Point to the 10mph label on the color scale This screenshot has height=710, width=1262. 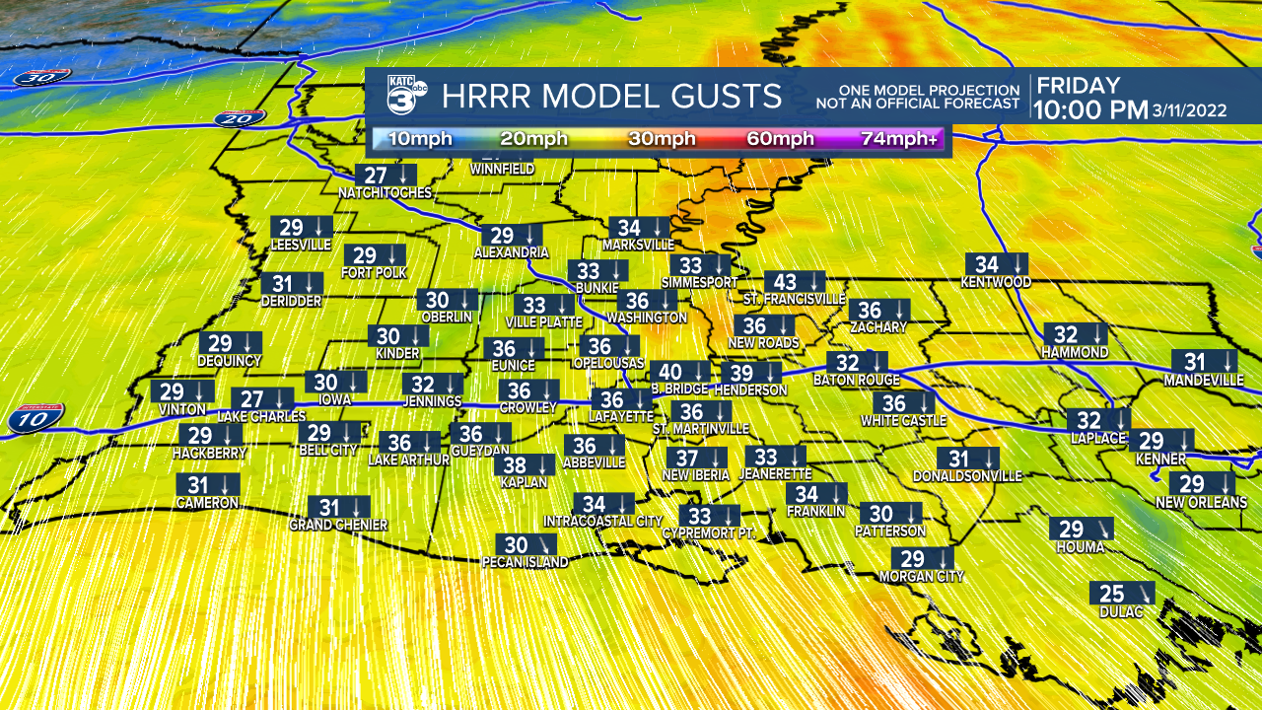[x=420, y=139]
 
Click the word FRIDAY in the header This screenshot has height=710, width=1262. [x=1078, y=86]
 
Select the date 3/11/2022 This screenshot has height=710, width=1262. [x=1190, y=110]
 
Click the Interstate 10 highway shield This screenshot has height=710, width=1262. [x=36, y=418]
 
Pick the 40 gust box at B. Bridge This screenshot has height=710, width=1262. [x=680, y=372]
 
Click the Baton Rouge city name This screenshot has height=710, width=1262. [x=856, y=380]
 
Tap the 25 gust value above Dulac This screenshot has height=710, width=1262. [x=1112, y=594]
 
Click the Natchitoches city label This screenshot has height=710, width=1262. [x=385, y=193]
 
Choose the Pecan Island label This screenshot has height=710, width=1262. [x=525, y=562]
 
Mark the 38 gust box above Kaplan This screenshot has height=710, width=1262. [x=524, y=465]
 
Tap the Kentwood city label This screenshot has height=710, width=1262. [x=996, y=282]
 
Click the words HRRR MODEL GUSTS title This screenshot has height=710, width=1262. [x=611, y=97]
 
